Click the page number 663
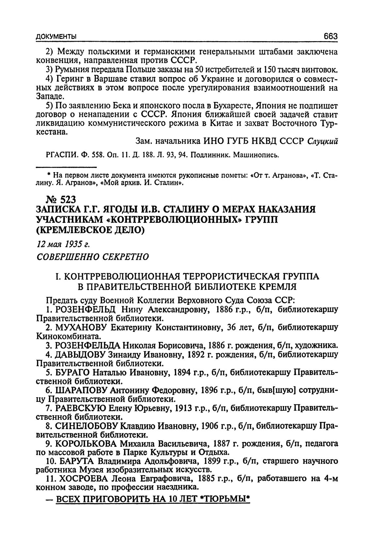pyautogui.click(x=330, y=36)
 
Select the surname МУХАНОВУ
pyautogui.click(x=82, y=327)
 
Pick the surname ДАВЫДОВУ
pyautogui.click(x=84, y=354)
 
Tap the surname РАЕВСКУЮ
pyautogui.click(x=80, y=408)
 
